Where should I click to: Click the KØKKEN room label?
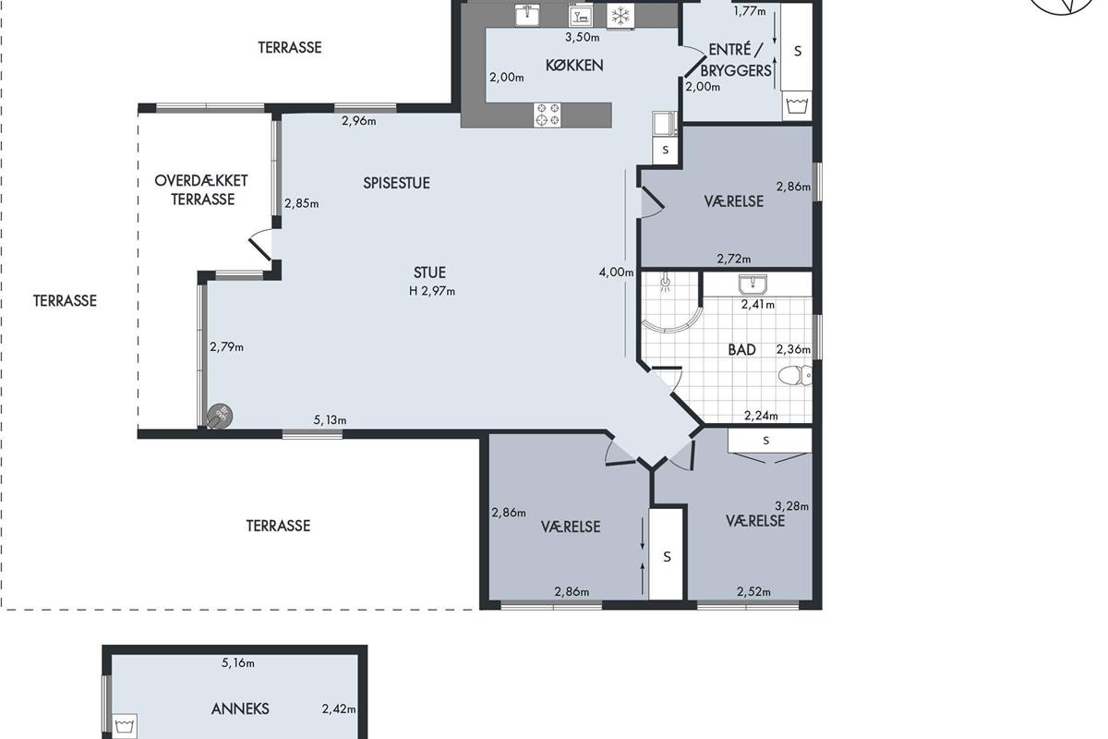574,66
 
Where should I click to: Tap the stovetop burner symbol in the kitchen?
547,115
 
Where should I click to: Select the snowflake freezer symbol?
620,17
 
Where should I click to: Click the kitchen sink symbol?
527,15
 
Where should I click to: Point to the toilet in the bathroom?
795,376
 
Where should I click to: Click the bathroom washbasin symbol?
753,285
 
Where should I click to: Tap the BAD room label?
742,350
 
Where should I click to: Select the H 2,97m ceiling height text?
432,291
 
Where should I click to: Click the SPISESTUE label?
396,183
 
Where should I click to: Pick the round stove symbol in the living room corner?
220,416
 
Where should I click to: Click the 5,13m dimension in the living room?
330,420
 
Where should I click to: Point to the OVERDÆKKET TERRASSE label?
201,190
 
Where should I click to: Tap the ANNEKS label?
240,709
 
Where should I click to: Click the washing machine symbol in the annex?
125,727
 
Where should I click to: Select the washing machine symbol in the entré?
797,106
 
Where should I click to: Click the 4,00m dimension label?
616,273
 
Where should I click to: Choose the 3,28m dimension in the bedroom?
791,506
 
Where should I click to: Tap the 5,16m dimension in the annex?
238,662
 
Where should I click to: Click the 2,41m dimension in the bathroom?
758,305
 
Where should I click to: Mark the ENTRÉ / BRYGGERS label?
736,60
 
